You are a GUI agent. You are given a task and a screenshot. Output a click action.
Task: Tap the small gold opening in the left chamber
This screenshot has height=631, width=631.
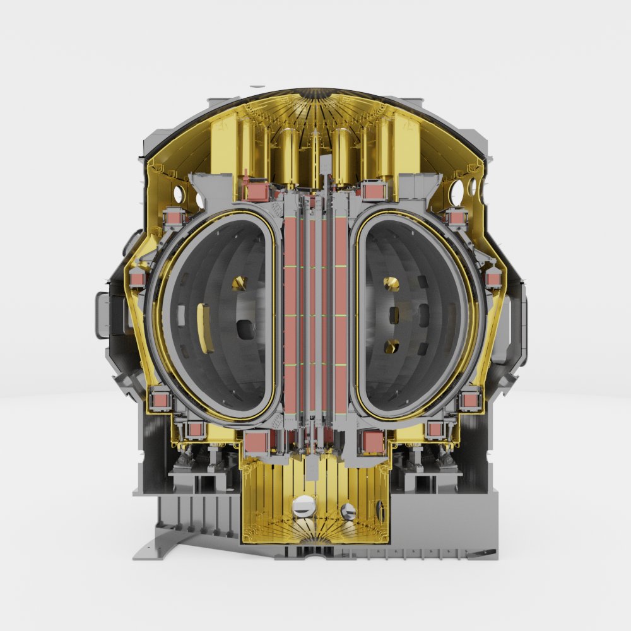(x=239, y=283)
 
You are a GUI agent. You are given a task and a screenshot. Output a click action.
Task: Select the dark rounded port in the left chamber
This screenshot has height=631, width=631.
(x=243, y=328)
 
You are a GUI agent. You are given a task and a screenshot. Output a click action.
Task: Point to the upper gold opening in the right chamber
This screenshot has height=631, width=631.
(x=392, y=283)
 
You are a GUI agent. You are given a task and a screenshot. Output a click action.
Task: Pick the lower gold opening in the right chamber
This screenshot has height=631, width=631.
(x=392, y=346)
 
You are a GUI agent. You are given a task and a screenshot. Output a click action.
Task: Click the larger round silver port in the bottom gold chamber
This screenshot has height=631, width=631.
(x=304, y=505)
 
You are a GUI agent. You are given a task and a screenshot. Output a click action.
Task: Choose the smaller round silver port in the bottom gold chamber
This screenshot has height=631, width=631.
(x=348, y=510)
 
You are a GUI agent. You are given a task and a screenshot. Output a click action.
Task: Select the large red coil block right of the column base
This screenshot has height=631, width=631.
(x=372, y=442)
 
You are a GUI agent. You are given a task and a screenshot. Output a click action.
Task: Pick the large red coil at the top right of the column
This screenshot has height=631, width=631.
(x=374, y=191)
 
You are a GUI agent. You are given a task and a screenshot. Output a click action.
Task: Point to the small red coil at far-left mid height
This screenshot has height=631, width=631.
(x=138, y=278)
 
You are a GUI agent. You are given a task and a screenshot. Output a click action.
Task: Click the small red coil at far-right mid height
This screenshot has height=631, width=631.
(x=493, y=278)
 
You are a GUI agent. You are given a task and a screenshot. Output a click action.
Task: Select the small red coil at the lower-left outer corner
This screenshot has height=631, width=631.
(x=160, y=399)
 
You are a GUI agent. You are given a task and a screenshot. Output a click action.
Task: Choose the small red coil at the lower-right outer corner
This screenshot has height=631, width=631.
(x=470, y=399)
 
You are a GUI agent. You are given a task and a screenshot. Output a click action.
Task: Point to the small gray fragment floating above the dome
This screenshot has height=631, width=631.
(x=257, y=86)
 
